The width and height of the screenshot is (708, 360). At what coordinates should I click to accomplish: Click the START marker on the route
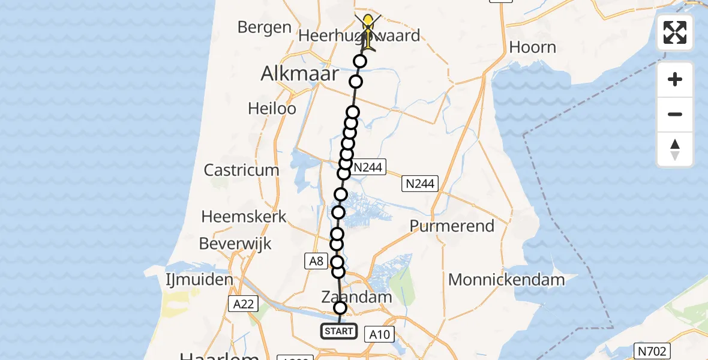(x=339, y=331)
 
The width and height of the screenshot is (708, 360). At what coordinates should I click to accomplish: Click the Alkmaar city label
(x=299, y=75)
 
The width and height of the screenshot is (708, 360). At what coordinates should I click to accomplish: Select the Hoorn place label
(x=532, y=47)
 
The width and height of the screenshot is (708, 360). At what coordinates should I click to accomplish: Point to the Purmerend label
(x=452, y=226)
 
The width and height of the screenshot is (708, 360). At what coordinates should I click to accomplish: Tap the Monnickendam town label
(x=506, y=280)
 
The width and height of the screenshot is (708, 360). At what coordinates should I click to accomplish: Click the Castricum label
(x=241, y=170)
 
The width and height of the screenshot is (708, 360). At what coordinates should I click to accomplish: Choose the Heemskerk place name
(x=244, y=217)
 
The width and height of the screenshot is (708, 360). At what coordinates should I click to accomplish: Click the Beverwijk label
(x=235, y=244)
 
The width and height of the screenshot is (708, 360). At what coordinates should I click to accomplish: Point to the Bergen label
(x=264, y=28)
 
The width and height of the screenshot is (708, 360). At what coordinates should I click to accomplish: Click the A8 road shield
(x=316, y=260)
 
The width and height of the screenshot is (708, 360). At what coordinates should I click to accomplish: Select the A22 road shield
(x=244, y=304)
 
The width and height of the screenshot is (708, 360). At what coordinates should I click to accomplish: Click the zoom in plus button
(x=675, y=79)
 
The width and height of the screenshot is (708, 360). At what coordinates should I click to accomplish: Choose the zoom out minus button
(x=675, y=114)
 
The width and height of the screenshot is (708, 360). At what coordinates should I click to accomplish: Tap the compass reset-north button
(x=675, y=149)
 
